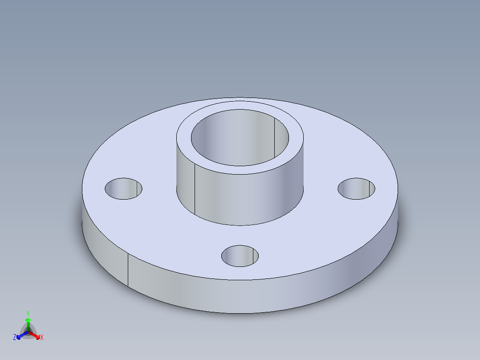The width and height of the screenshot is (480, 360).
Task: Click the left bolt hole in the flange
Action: tap(123, 188)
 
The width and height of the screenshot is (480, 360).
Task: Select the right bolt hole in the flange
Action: tap(356, 188)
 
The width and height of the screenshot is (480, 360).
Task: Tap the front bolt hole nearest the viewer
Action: tap(240, 256)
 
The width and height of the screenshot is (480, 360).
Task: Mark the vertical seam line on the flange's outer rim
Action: tap(128, 270)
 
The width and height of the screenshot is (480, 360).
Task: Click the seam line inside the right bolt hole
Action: tap(369, 189)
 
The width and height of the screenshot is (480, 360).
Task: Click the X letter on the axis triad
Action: tap(42, 338)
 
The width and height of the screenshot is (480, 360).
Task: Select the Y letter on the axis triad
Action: tap(28, 313)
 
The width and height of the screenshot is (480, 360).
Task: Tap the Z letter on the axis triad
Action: tap(15, 338)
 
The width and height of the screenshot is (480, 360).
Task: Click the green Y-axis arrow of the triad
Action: tap(28, 323)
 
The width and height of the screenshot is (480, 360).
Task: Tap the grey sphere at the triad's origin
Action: tap(28, 332)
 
